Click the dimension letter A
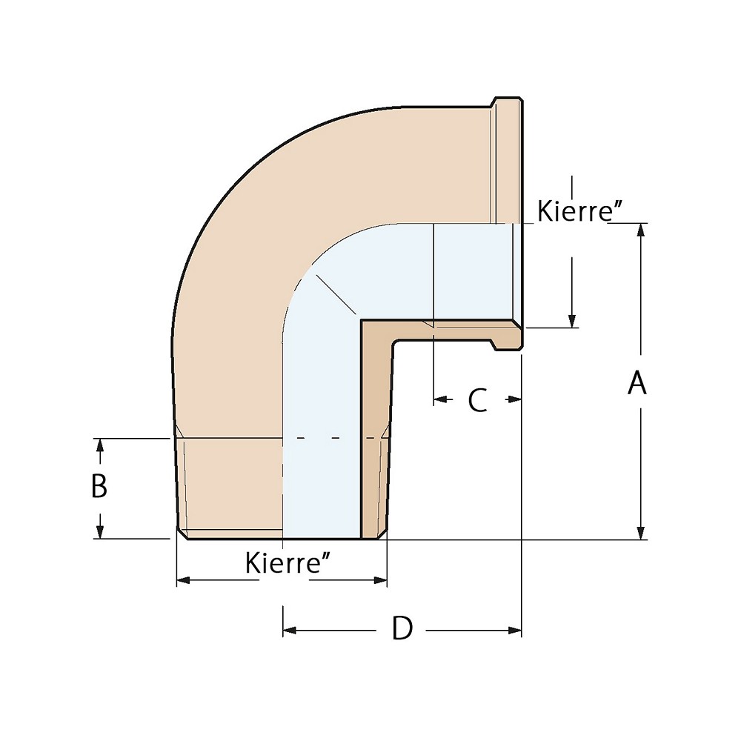(x=637, y=384)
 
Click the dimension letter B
(x=99, y=487)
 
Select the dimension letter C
(x=477, y=400)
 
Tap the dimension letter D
(x=402, y=629)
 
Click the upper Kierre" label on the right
(x=578, y=212)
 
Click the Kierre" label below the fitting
(x=287, y=564)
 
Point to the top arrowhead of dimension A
(x=642, y=229)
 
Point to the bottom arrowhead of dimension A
(x=642, y=533)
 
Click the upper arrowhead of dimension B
(x=99, y=445)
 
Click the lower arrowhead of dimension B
(x=99, y=532)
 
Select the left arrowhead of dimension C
(x=439, y=399)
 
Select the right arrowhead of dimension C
(x=514, y=399)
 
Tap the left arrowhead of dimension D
(x=290, y=631)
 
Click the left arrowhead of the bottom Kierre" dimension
(x=183, y=580)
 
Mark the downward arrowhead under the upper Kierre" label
(x=572, y=320)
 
